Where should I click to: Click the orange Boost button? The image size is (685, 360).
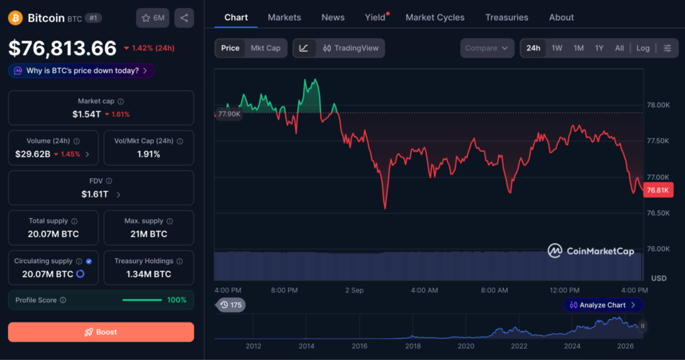tap(101, 332)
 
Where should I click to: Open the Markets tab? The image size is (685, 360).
tap(284, 17)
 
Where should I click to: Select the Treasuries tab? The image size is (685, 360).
tap(507, 17)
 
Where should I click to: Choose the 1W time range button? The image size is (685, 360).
tap(557, 48)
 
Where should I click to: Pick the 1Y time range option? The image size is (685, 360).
tap(599, 48)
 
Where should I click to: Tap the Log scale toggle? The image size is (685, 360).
tap(643, 48)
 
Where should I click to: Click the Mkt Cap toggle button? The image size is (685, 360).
tap(266, 48)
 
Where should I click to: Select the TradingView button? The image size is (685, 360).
tap(351, 48)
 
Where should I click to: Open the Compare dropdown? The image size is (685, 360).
tap(487, 48)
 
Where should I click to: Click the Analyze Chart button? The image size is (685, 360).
tap(603, 305)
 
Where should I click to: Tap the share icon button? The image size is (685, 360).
tap(185, 18)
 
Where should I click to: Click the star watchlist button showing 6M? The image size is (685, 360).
tap(153, 18)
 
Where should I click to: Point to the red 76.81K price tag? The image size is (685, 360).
tap(658, 190)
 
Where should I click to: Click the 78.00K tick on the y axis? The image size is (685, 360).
tap(658, 105)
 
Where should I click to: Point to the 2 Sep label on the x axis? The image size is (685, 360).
tap(355, 290)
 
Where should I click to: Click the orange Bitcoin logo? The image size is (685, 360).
tap(15, 18)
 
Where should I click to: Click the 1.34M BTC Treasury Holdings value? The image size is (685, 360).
tap(149, 274)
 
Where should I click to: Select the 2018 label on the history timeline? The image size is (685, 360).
tap(413, 346)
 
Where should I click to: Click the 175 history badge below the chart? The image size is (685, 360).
tap(231, 305)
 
